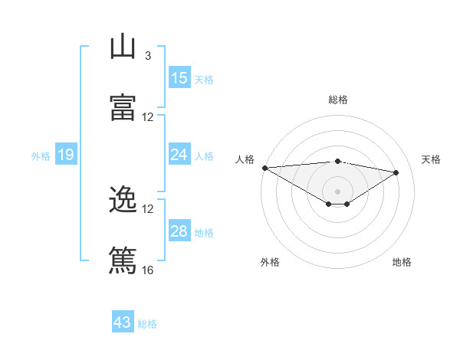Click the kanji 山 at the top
pos(123,47)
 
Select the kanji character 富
pos(123,107)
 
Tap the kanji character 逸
pos(123,200)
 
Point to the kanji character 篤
pos(123,260)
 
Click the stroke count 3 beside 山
pos(147,56)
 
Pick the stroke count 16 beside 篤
pos(148,270)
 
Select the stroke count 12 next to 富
pos(148,117)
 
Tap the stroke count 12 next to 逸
pos(148,209)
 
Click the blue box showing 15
pos(179,78)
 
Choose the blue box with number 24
pos(179,155)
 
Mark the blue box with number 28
pos(179,231)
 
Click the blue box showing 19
pos(66,155)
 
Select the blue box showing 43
pos(123,322)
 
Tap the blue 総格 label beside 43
pos(147,324)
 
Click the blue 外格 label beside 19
pos(41,156)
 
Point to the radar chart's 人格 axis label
pos(245,159)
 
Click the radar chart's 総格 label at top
pos(337,100)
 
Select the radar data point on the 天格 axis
pos(396,172)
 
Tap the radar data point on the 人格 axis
pos(264,168)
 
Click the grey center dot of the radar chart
pos(337,191)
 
